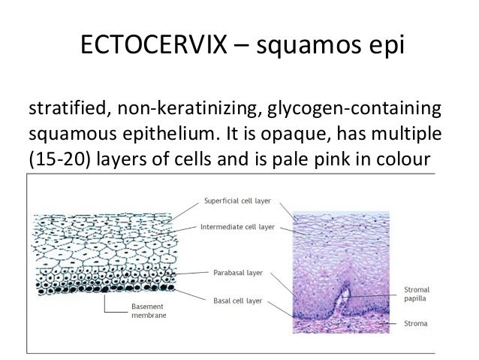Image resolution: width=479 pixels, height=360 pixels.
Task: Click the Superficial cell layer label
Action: [239, 201]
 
